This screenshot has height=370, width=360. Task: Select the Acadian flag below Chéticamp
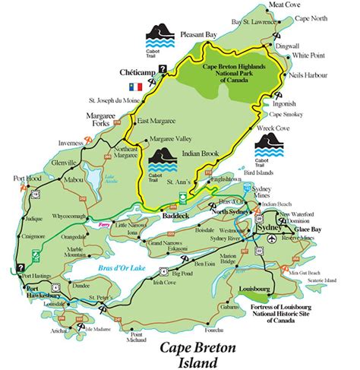click(137, 86)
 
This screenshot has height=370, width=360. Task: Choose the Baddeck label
click(177, 215)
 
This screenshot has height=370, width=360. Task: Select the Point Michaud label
click(137, 337)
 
